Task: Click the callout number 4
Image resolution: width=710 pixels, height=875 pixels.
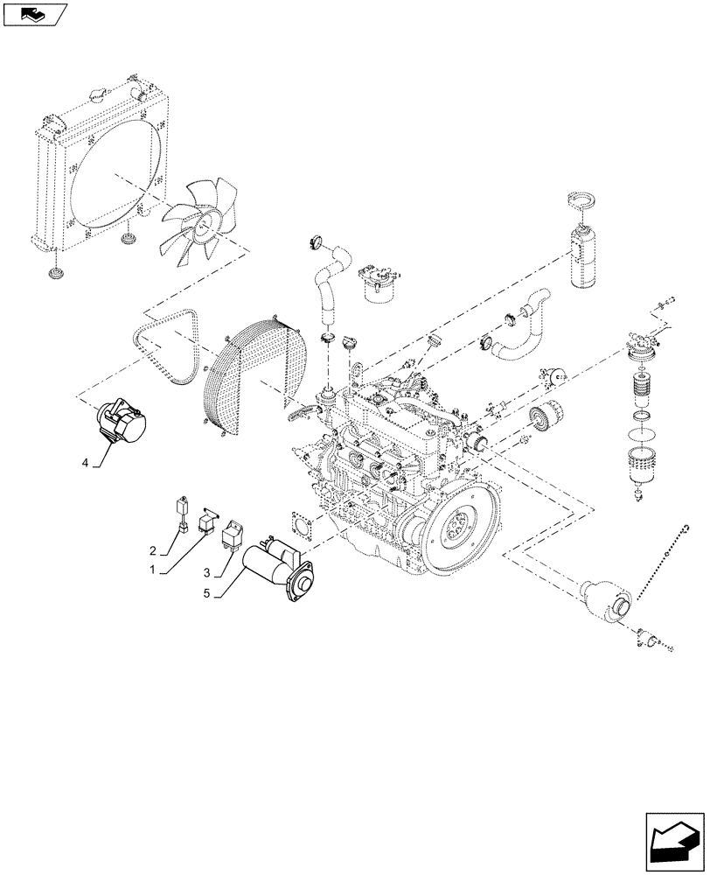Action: coord(86,461)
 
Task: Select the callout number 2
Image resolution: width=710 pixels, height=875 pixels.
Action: coord(153,551)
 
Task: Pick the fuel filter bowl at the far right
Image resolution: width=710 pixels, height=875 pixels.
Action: coord(644,468)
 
